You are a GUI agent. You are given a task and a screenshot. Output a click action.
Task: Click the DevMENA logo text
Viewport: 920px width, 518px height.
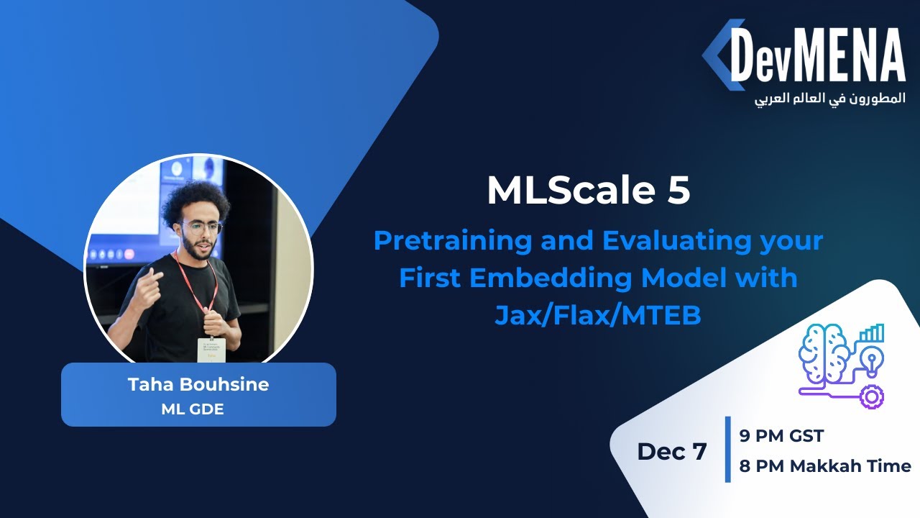coord(817,56)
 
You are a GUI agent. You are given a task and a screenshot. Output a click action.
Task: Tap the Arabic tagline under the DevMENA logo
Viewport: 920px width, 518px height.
coord(829,99)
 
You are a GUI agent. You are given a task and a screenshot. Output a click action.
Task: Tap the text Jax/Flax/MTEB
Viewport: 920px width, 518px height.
coord(597,314)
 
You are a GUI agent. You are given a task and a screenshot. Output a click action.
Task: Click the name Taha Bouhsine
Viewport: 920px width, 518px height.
coord(198,384)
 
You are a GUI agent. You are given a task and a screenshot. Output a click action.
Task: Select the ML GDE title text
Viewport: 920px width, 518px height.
coord(198,409)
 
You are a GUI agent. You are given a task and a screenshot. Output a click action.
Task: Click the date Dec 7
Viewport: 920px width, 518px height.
coord(671,451)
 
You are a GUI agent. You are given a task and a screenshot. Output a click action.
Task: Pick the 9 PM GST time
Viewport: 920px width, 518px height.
coord(781,436)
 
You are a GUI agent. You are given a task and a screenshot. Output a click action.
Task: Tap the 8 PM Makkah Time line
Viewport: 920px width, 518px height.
coord(825,466)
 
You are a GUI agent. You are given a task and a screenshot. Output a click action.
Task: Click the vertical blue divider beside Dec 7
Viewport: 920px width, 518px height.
coord(727,450)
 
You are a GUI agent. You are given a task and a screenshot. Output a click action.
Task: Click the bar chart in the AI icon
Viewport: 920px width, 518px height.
coord(872,333)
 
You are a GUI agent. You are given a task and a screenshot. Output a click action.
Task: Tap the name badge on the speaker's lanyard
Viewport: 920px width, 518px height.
coord(211,349)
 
